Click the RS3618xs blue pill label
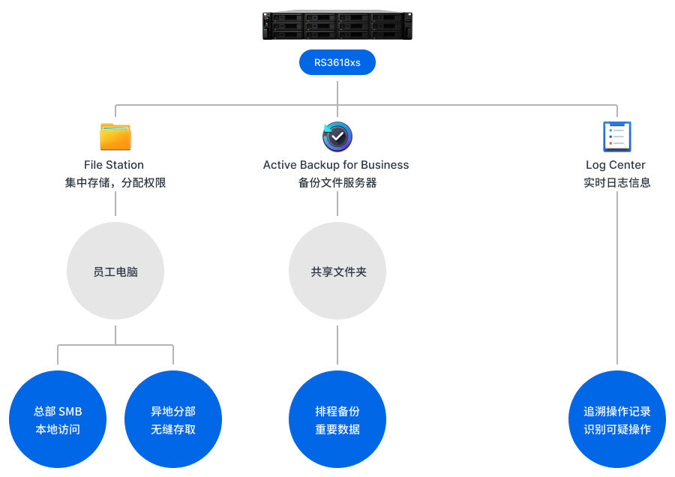click(x=337, y=62)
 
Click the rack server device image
click(x=337, y=25)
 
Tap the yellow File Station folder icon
click(x=115, y=137)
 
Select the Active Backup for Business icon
click(x=337, y=136)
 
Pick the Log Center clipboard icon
click(x=616, y=136)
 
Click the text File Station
click(x=114, y=165)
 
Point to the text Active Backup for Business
click(x=336, y=165)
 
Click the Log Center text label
click(x=616, y=165)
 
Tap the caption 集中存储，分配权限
click(x=115, y=182)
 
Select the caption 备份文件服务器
click(x=337, y=182)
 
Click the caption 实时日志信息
click(x=616, y=182)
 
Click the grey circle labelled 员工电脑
click(x=115, y=271)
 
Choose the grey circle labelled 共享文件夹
click(x=337, y=271)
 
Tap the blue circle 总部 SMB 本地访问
click(x=58, y=420)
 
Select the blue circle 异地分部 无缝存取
click(x=173, y=420)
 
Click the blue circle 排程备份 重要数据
click(x=337, y=420)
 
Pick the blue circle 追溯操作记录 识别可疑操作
click(x=616, y=420)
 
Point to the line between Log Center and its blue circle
click(x=616, y=277)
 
